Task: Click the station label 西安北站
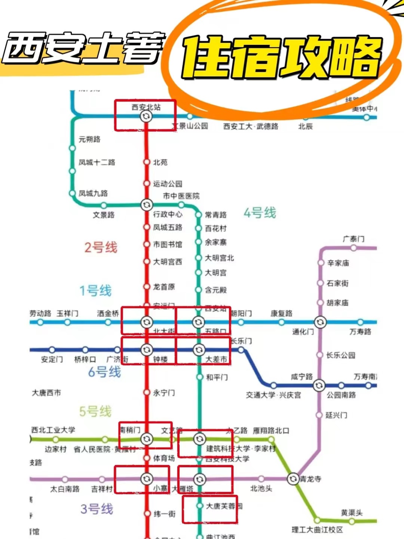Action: [146, 107]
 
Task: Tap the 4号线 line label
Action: [260, 213]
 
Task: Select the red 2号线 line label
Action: [101, 247]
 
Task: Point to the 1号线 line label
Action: [95, 291]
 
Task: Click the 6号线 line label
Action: [104, 372]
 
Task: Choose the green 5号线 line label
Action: [95, 411]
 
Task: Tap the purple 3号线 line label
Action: [97, 509]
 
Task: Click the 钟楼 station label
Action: [160, 359]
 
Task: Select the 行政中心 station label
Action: [168, 214]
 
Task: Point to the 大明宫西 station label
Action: [168, 262]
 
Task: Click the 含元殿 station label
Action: [216, 290]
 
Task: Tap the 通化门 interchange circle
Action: [320, 322]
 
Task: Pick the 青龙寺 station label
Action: [310, 479]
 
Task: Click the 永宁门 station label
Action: [164, 393]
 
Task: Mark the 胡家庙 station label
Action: [337, 303]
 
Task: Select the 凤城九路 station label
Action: [93, 193]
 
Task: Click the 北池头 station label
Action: [261, 489]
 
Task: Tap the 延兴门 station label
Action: [336, 415]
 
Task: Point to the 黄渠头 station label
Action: [352, 512]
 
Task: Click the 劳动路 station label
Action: [40, 313]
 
